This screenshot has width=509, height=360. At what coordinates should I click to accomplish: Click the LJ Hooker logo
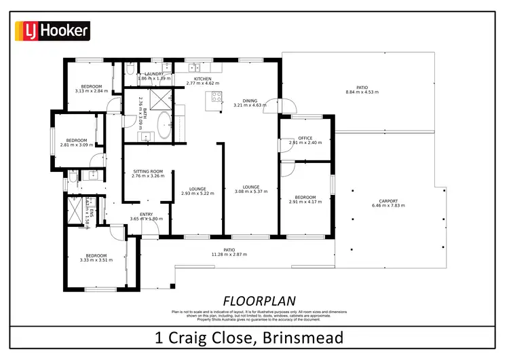pyautogui.click(x=52, y=31)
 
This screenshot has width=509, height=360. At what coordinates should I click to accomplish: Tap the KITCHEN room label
pyautogui.click(x=203, y=79)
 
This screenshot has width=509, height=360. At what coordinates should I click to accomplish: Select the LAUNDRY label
pyautogui.click(x=154, y=73)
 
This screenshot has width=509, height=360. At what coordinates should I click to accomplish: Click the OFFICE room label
pyautogui.click(x=305, y=138)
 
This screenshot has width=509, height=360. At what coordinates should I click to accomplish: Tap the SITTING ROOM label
pyautogui.click(x=147, y=171)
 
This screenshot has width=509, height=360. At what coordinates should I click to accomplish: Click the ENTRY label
pyautogui.click(x=146, y=214)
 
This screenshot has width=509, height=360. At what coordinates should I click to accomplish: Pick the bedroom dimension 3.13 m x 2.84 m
pyautogui.click(x=92, y=91)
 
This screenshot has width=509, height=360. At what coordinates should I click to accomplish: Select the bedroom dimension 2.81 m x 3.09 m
pyautogui.click(x=76, y=145)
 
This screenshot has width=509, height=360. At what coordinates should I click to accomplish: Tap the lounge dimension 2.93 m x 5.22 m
pyautogui.click(x=197, y=194)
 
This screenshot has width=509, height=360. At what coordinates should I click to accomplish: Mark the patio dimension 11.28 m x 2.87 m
pyautogui.click(x=229, y=255)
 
